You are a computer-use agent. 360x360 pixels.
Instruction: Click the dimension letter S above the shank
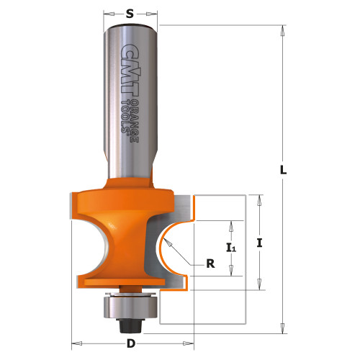(x=130, y=12)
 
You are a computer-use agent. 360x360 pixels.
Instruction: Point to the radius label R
(x=211, y=264)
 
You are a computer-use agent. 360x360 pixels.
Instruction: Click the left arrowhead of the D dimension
(x=75, y=341)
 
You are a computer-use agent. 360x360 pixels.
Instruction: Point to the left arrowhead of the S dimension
(x=107, y=13)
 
